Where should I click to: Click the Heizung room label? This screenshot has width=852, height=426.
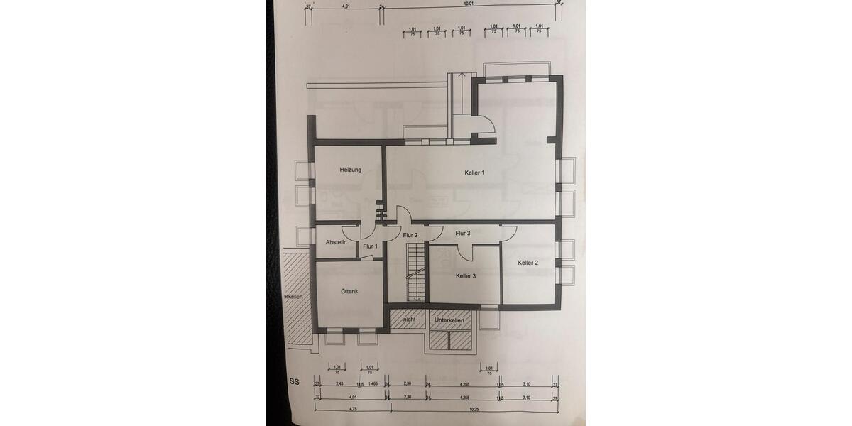pyautogui.click(x=351, y=170)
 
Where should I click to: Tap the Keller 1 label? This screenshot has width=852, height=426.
pyautogui.click(x=474, y=173)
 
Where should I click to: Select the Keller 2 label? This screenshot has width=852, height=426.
pyautogui.click(x=528, y=263)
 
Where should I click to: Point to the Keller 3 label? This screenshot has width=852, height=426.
pyautogui.click(x=466, y=275)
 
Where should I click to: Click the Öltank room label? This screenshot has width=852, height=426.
pyautogui.click(x=349, y=291)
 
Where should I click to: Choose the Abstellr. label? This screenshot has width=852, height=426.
pyautogui.click(x=335, y=243)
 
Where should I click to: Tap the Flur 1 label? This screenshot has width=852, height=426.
pyautogui.click(x=369, y=246)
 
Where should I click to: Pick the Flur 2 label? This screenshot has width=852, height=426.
pyautogui.click(x=410, y=235)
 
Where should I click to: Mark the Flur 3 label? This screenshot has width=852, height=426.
pyautogui.click(x=463, y=233)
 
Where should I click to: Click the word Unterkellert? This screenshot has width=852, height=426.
pyautogui.click(x=449, y=321)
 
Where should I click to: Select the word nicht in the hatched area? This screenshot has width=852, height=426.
pyautogui.click(x=409, y=320)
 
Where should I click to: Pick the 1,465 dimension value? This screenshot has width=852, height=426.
pyautogui.click(x=373, y=383)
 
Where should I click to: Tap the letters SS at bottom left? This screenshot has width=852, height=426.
pyautogui.click(x=294, y=381)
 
